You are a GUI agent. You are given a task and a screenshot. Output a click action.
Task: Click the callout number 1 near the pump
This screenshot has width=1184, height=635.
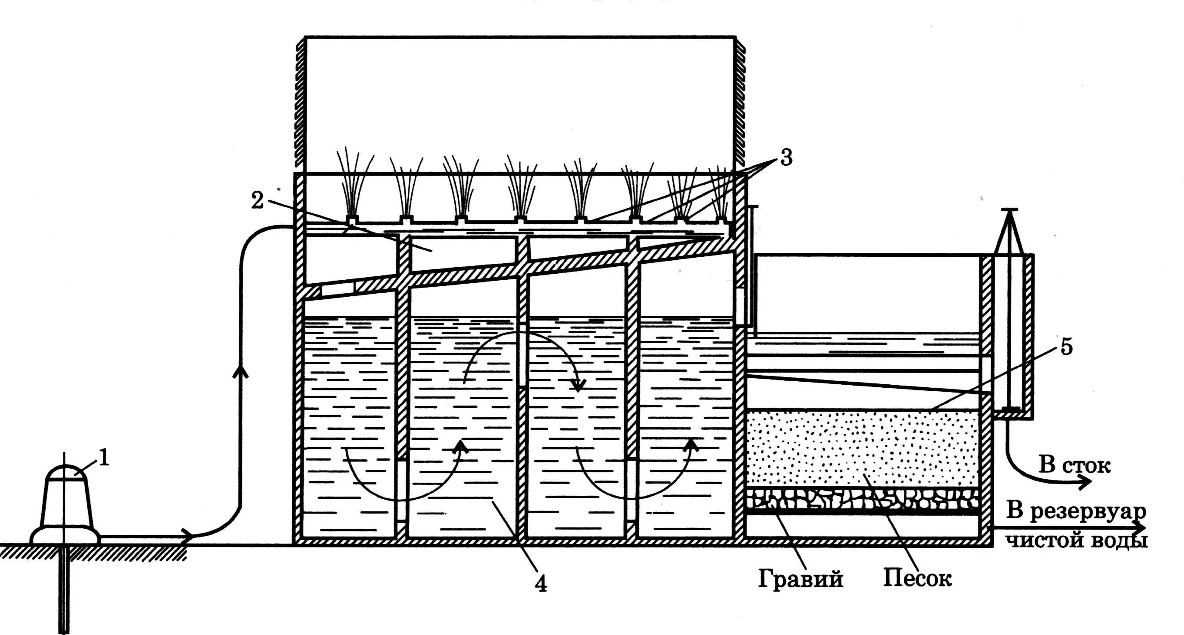coord(105,458)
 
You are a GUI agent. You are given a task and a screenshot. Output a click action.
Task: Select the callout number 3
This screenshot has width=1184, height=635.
coord(786,158)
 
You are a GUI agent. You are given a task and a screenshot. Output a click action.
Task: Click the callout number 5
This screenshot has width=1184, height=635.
coord(1066,347)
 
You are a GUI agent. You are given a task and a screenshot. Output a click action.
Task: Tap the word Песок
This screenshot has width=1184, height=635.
coord(917,579)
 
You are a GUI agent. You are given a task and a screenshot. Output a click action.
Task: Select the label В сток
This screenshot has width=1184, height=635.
coord(1075,465)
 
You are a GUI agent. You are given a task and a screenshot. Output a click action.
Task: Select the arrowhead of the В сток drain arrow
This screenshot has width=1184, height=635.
coord(1085,483)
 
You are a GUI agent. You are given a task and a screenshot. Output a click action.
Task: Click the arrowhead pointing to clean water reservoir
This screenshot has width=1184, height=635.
coord(1139,528)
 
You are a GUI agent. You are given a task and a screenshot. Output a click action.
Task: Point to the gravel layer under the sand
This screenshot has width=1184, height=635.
coord(861,499)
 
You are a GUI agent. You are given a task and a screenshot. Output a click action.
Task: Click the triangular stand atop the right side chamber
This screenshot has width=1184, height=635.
coord(1009,232)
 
